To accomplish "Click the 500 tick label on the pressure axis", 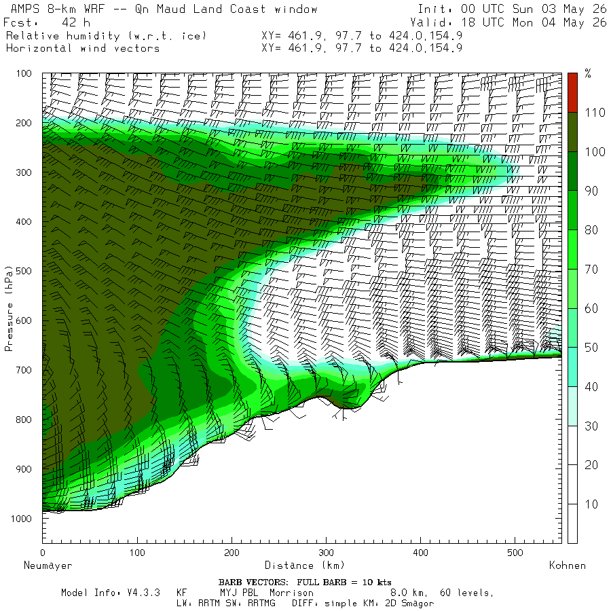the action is click(x=23, y=271).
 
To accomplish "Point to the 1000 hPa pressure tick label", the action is click(x=20, y=519).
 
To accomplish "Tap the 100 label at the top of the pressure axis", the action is click(x=23, y=73).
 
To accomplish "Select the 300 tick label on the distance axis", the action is click(x=326, y=553).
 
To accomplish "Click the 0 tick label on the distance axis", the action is click(x=43, y=553).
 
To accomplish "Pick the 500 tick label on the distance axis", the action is click(x=515, y=553).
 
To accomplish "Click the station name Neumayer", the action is click(x=48, y=566).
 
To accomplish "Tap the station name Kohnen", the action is click(x=568, y=566).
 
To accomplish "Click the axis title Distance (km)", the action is click(x=304, y=566).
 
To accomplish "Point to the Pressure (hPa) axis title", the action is click(x=9, y=309).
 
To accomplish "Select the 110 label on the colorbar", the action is click(x=595, y=113).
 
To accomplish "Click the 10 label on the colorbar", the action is click(x=591, y=504).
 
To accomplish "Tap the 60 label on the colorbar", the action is click(x=591, y=309).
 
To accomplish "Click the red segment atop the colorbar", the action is click(x=572, y=93).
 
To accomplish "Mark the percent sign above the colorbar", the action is click(x=588, y=73).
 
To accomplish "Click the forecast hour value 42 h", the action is click(x=76, y=22).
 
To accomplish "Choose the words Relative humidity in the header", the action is click(x=63, y=36).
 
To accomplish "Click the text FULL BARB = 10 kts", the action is click(x=344, y=582).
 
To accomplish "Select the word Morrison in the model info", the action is click(x=291, y=593).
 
